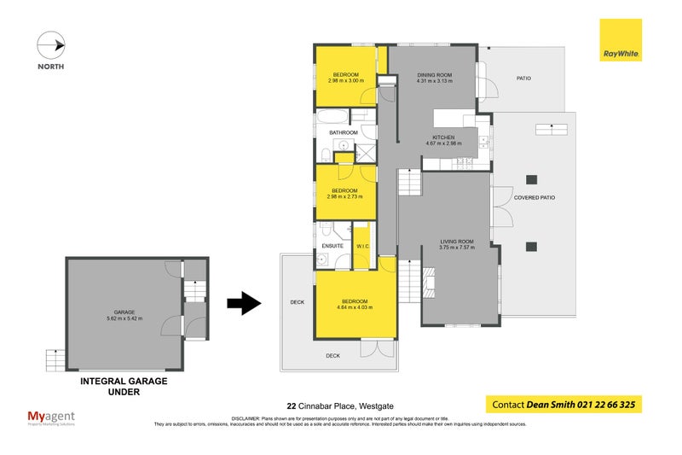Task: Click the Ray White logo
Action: pos(621,40)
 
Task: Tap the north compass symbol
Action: pos(51,44)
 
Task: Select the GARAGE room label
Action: pos(124,312)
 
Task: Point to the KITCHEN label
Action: pos(443,137)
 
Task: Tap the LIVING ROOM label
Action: pos(456,242)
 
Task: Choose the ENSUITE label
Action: pos(332,245)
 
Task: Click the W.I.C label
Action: pos(362,245)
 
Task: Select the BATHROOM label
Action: pos(344,133)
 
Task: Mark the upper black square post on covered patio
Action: pos(531,179)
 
